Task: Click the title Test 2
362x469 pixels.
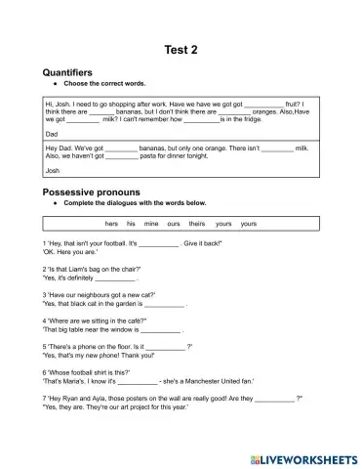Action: coord(181,50)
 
